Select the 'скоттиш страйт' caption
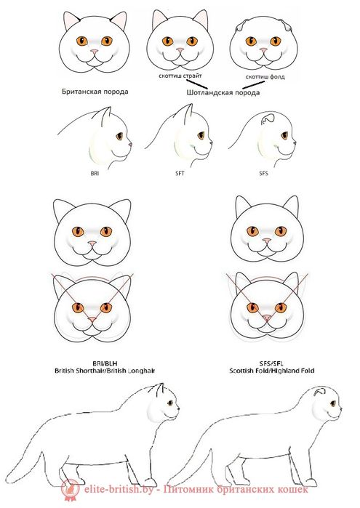(180, 75)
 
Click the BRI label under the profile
(95, 174)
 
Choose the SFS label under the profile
(263, 174)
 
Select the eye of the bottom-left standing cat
(169, 403)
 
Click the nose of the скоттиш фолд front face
(262, 51)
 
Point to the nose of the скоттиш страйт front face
(180, 50)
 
